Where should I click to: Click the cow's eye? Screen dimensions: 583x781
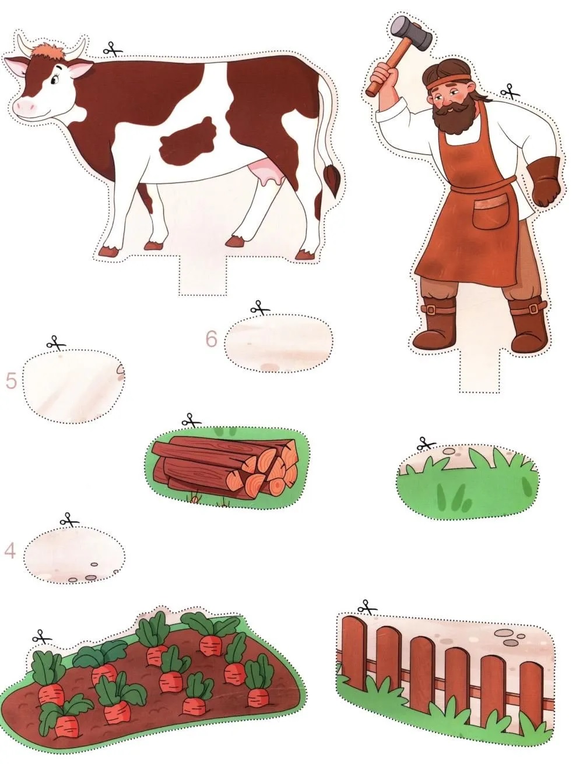coord(54,79)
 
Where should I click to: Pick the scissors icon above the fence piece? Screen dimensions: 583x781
coord(367,607)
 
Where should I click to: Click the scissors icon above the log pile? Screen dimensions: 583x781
coord(192,420)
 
